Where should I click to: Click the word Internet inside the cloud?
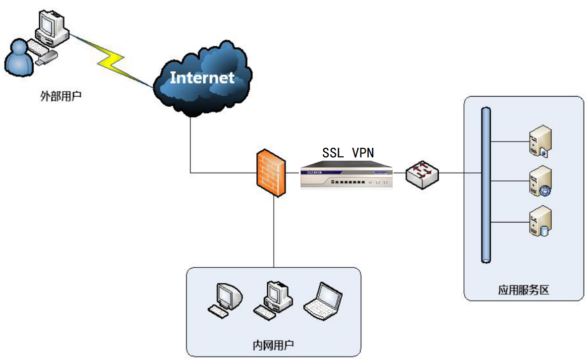pyautogui.click(x=202, y=78)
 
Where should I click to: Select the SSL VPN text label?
pyautogui.click(x=348, y=153)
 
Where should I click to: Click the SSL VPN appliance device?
pyautogui.click(x=347, y=177)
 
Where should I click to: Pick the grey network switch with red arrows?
pyautogui.click(x=422, y=173)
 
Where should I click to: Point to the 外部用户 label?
pyautogui.click(x=60, y=96)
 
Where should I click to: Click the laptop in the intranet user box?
pyautogui.click(x=323, y=301)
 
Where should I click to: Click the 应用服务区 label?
pyautogui.click(x=524, y=290)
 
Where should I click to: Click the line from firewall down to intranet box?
pyautogui.click(x=274, y=233)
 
